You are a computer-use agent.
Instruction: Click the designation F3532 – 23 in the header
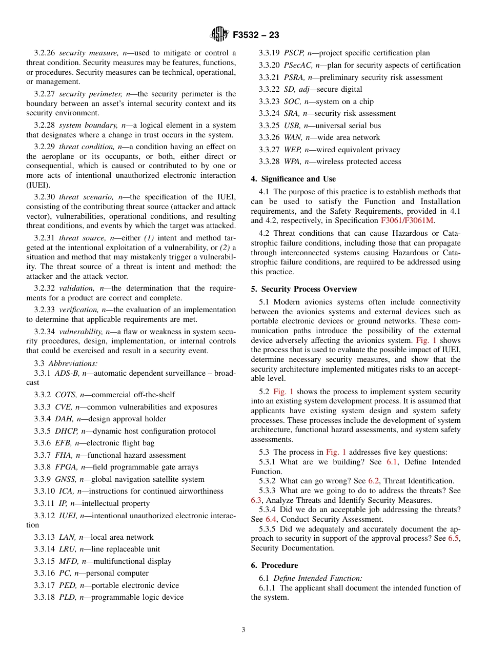256,35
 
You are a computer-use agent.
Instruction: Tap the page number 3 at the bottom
243,630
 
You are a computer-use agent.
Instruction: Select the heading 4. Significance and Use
293,179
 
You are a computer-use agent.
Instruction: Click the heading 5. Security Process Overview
304,289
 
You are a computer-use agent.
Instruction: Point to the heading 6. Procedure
274,565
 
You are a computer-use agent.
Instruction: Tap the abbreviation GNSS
66,479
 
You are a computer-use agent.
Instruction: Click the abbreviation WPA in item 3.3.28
294,161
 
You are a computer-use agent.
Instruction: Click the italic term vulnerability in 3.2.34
80,332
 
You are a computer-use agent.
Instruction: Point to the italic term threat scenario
84,197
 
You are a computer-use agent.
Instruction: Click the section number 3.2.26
45,53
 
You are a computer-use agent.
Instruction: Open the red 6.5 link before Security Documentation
453,538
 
